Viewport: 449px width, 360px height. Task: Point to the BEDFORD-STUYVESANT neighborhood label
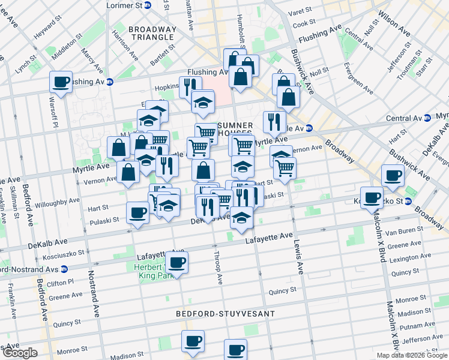(x=225, y=314)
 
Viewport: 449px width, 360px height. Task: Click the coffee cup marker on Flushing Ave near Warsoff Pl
(x=61, y=82)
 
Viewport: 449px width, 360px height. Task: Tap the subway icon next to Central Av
(x=426, y=118)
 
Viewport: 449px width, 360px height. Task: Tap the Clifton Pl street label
(x=61, y=280)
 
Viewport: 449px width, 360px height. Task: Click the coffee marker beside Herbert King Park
(x=176, y=262)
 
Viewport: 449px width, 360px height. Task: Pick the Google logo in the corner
(x=20, y=353)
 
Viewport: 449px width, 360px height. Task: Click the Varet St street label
(x=300, y=11)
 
